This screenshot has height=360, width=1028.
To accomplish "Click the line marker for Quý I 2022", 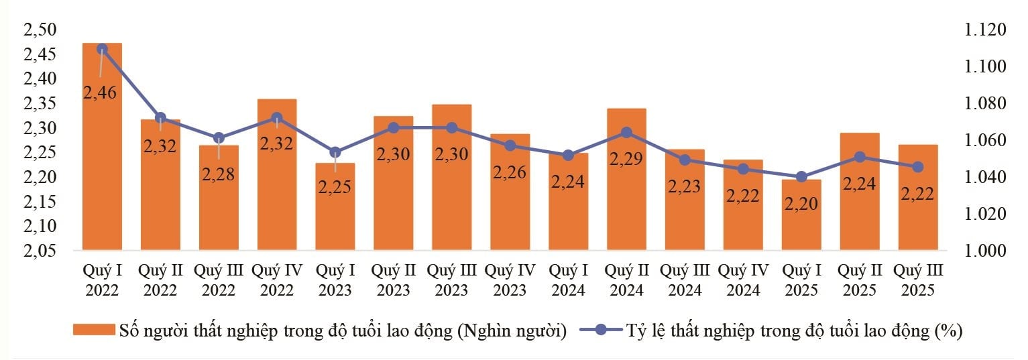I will point(102,49).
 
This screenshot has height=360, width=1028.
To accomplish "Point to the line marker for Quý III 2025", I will point(918,167).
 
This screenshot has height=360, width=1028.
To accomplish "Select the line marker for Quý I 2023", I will point(335,152).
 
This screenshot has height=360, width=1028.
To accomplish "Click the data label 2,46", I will point(101,93).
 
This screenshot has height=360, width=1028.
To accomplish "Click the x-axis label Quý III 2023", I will point(451,280).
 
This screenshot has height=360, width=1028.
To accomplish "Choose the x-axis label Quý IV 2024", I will point(743,280).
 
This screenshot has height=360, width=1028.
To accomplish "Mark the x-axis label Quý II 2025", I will point(860,280).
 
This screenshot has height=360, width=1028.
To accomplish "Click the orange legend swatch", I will point(93,331).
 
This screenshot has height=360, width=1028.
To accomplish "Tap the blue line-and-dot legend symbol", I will point(601,331).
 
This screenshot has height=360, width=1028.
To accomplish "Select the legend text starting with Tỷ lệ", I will point(795,331).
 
